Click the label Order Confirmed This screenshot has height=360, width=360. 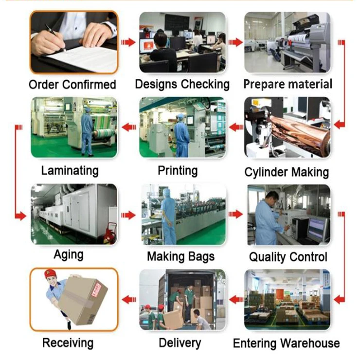point(72,85)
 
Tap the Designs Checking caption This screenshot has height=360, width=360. point(182,84)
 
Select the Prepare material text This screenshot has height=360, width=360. point(288,84)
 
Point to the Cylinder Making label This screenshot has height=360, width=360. point(287,172)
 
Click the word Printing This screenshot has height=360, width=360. point(178,171)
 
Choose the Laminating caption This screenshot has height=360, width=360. point(70,171)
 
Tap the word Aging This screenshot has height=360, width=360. point(69,254)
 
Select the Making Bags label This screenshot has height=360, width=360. point(180,256)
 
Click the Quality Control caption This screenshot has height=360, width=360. point(288,256)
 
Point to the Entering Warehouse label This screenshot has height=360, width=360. point(286,343)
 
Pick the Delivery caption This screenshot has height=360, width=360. point(180,342)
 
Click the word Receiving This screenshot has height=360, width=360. point(68,342)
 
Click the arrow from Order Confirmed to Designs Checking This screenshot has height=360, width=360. point(128,42)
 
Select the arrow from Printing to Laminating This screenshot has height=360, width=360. point(128,127)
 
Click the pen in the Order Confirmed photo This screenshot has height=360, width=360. point(54,37)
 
